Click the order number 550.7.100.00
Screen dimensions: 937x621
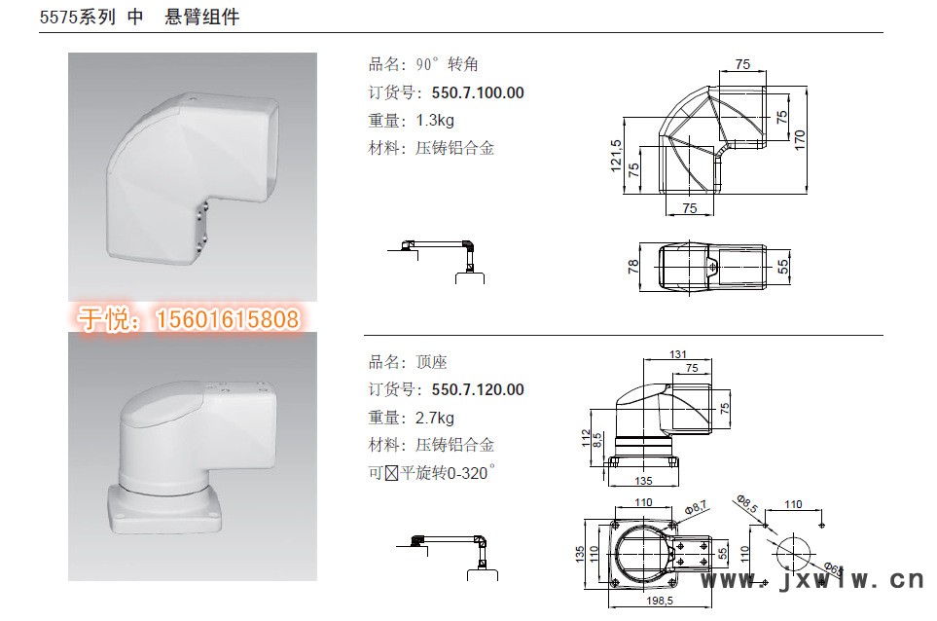coord(478,92)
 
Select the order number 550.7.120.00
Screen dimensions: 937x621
coord(478,389)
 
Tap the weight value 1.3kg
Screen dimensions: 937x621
coord(435,120)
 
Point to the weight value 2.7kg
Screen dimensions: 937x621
coord(435,418)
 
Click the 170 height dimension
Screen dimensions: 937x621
coord(800,140)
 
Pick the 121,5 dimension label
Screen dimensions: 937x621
coord(616,156)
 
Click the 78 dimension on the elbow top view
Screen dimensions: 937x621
coord(632,267)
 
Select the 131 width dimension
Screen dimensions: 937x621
coord(678,354)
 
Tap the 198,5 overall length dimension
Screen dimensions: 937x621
coord(660,601)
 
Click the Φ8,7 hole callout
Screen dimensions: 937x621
coord(696,508)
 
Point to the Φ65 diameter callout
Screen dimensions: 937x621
coord(833,568)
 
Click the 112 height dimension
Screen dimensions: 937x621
coord(586,438)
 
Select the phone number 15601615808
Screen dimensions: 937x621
coord(227,319)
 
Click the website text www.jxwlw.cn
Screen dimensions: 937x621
coord(812,580)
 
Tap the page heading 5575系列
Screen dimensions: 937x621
coord(78,17)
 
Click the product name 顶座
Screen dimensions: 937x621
coord(431,362)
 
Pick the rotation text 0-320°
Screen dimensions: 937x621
coord(471,472)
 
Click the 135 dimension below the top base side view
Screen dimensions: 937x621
coord(643,481)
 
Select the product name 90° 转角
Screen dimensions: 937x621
coord(447,64)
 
